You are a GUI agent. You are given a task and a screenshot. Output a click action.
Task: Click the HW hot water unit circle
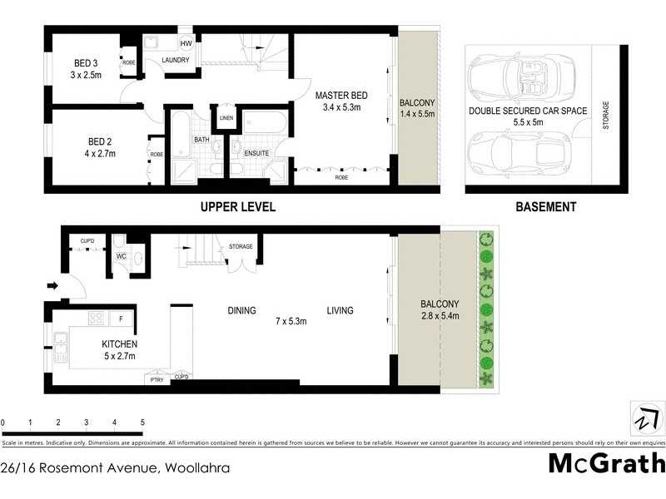click(x=186, y=42)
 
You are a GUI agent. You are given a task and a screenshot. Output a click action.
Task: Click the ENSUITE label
click(x=256, y=153)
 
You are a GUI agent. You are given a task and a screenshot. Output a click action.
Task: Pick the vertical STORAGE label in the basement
click(x=606, y=116)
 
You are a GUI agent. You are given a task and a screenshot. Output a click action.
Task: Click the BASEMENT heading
click(x=545, y=207)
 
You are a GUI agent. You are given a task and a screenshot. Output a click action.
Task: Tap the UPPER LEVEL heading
click(x=236, y=207)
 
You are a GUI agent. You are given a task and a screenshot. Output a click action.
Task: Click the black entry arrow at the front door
click(x=52, y=286)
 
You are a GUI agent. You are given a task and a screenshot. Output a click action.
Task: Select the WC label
click(x=122, y=255)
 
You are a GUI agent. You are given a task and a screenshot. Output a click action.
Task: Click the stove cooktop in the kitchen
click(x=95, y=318)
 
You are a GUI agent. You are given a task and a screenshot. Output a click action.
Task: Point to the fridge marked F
click(x=122, y=318)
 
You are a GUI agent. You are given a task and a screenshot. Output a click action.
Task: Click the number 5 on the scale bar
click(x=142, y=422)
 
